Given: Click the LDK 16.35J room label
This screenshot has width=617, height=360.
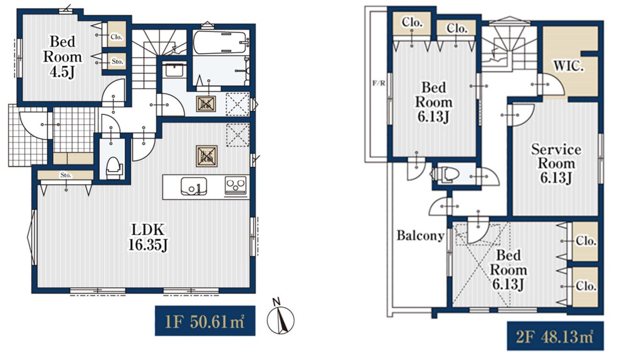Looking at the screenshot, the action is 149,237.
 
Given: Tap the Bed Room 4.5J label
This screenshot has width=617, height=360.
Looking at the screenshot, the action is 63,56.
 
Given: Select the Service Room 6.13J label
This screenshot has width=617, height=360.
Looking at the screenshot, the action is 556,163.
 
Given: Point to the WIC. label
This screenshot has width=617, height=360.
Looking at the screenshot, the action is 568,66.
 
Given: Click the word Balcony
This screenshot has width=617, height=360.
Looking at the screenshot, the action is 420,235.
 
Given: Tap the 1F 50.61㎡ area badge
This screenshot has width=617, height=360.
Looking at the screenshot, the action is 205,320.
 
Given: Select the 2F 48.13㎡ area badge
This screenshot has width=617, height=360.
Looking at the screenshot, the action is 555,336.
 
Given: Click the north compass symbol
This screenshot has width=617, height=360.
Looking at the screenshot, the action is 280,317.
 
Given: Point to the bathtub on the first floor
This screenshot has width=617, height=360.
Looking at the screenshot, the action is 221,41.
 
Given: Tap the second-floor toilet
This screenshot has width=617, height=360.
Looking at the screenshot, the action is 446,174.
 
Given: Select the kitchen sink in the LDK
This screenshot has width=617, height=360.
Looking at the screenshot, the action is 194,186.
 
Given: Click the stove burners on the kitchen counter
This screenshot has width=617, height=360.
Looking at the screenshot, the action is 236,185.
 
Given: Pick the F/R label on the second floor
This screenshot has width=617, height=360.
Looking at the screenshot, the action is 379,83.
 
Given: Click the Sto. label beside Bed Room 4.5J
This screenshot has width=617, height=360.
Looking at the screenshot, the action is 117,61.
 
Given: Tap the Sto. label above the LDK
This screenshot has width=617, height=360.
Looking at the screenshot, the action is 66,175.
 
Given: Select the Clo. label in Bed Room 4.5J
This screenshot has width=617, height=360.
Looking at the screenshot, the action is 117,37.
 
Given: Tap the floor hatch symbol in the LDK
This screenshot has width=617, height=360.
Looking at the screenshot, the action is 206,156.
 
